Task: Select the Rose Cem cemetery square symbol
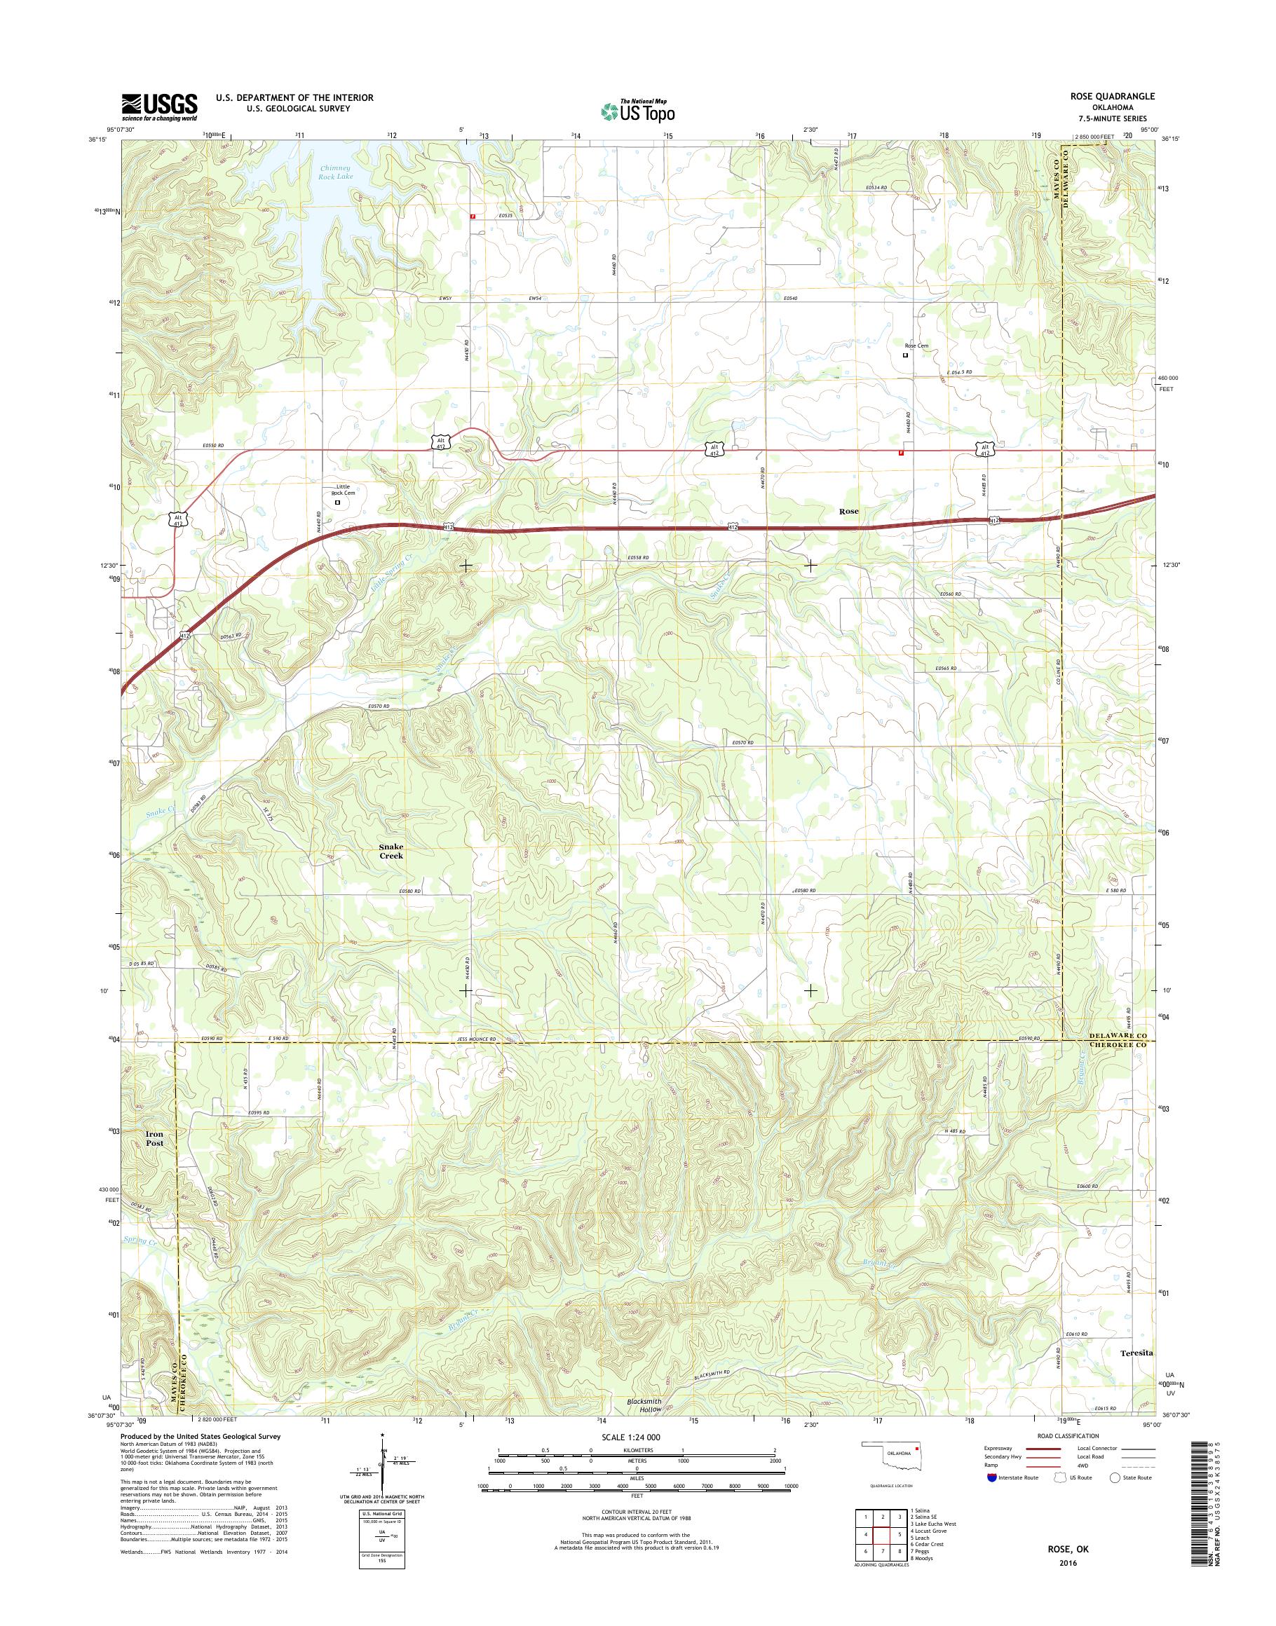(x=905, y=355)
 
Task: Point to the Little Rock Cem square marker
(x=337, y=503)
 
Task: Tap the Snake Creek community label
(x=391, y=851)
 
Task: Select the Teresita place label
(x=1138, y=1374)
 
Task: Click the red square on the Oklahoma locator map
(x=916, y=1468)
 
